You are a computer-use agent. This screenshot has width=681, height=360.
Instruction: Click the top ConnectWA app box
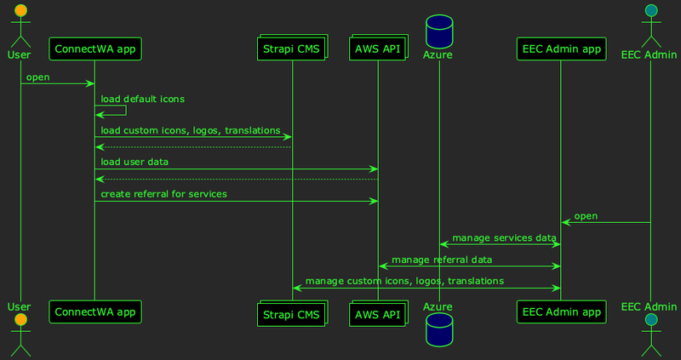(94, 49)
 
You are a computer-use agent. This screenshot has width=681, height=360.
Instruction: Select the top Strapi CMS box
(291, 49)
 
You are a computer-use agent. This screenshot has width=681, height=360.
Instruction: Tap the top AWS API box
(378, 49)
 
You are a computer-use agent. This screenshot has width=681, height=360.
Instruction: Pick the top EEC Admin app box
(560, 49)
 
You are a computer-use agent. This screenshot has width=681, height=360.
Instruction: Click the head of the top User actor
(20, 10)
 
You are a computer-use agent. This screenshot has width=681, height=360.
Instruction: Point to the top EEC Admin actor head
(650, 10)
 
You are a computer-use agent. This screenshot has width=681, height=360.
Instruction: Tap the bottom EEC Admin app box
(560, 312)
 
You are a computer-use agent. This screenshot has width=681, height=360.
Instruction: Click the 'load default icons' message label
(142, 99)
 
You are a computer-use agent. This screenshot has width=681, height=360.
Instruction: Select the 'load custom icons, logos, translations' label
(191, 131)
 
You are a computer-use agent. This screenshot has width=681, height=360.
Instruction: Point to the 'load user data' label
(134, 162)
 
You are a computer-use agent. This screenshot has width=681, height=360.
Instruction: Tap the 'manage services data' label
(504, 237)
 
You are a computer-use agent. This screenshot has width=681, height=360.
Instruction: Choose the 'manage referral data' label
(441, 259)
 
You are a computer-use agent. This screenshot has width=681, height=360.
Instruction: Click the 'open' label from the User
(37, 77)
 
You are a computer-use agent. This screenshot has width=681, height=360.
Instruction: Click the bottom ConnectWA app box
(94, 312)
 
